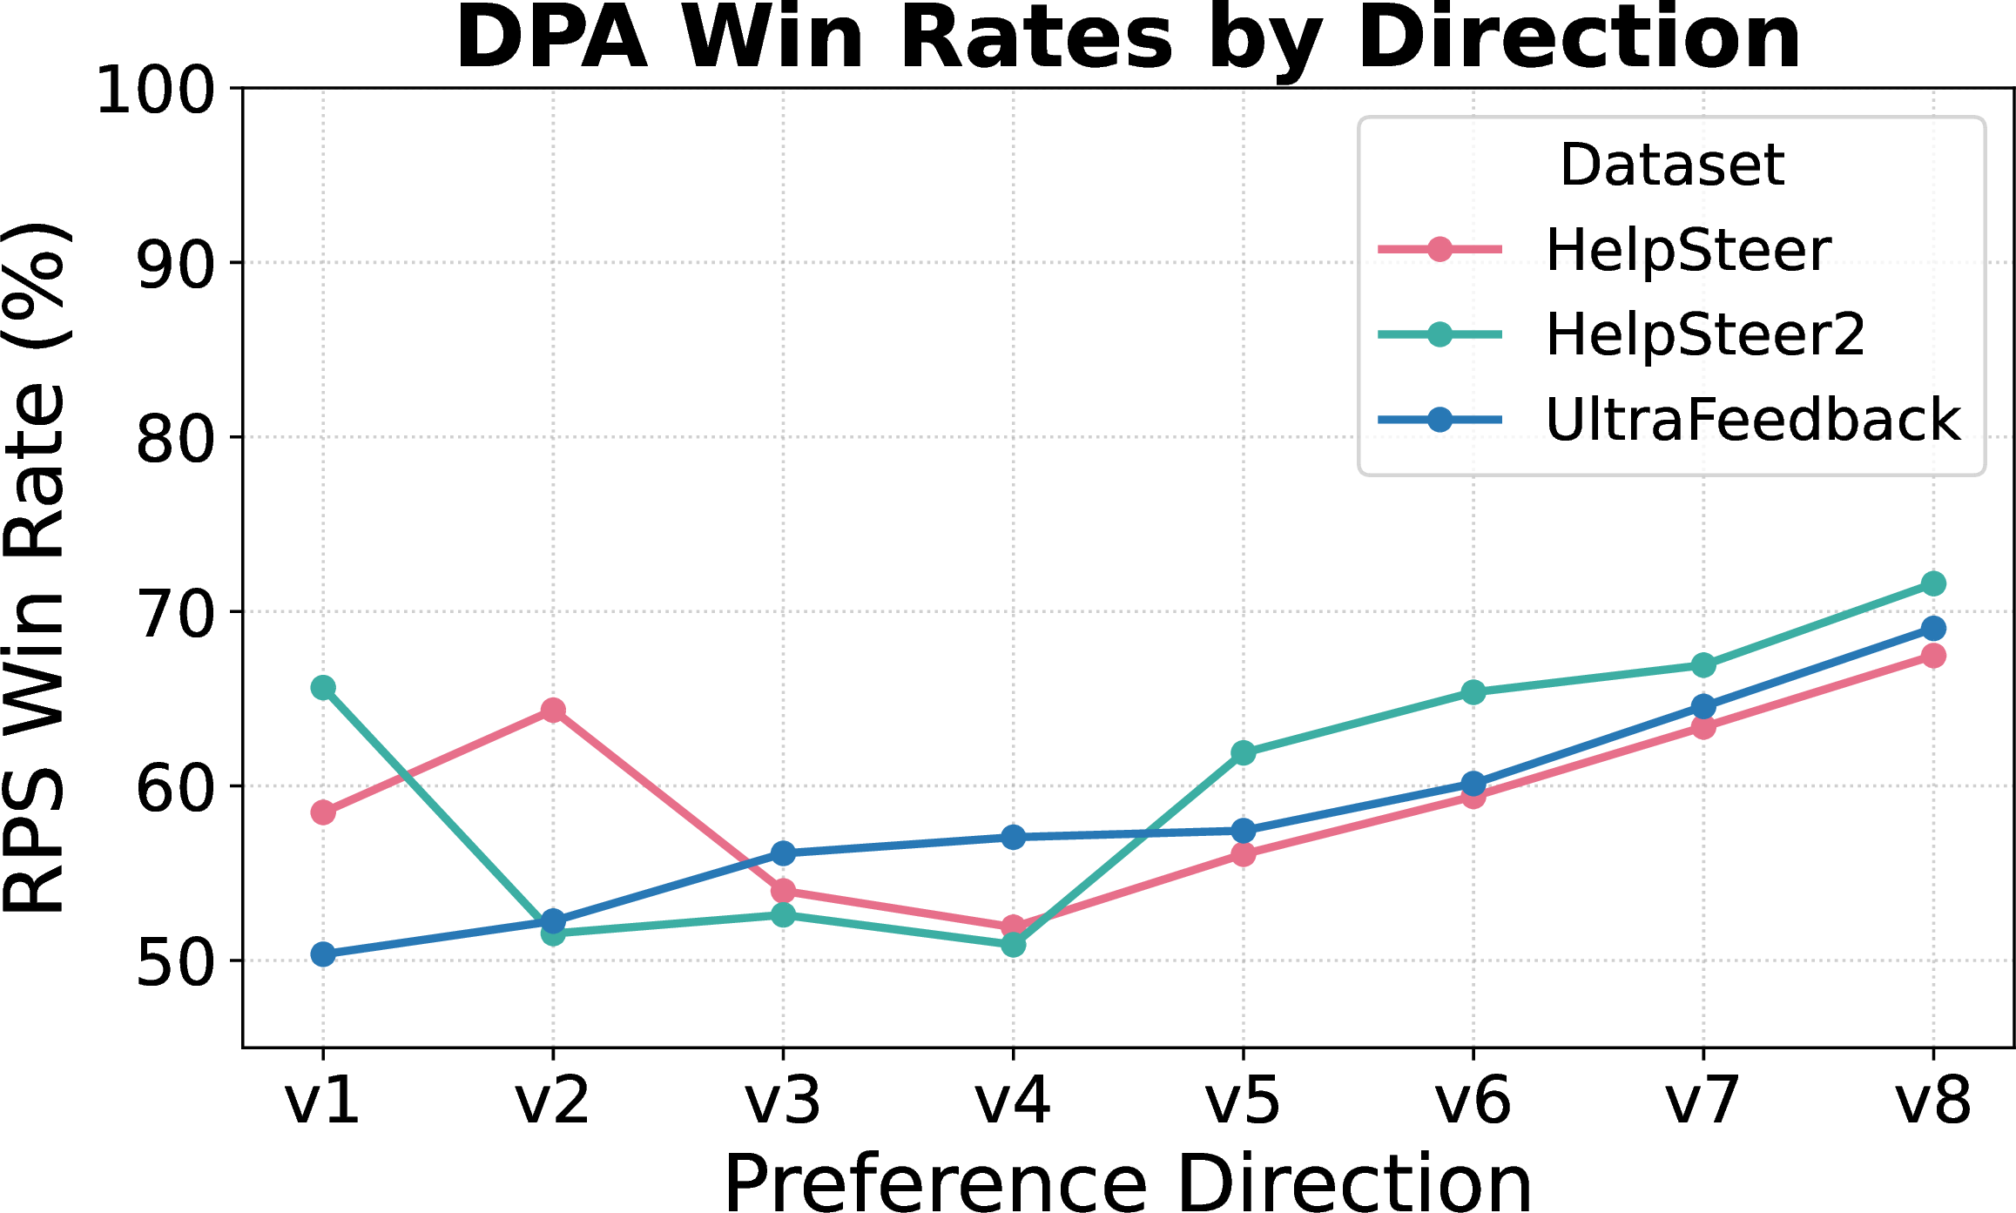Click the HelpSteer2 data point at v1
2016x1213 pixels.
pos(323,688)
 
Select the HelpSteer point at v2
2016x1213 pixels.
pos(553,711)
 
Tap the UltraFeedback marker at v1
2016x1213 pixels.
pos(323,954)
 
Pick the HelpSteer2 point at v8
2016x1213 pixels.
pos(1933,583)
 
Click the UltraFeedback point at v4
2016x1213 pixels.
pos(1013,837)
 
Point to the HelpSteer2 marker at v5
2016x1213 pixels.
pos(1244,752)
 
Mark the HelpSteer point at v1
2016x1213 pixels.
pos(323,812)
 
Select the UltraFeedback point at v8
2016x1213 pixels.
pos(1933,629)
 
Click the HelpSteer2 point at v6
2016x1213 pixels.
pos(1473,692)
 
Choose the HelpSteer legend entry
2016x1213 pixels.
pos(1688,250)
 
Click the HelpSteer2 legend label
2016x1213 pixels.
pos(1704,334)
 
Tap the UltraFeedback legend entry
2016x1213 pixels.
pos(1752,420)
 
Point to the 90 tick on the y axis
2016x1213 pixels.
pos(175,264)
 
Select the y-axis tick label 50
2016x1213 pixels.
pos(175,962)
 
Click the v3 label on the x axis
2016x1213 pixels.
pos(783,1101)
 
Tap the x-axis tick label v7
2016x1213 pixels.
pos(1702,1101)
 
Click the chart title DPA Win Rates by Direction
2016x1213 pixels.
pos(1128,39)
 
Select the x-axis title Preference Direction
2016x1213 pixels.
pos(1128,1182)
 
